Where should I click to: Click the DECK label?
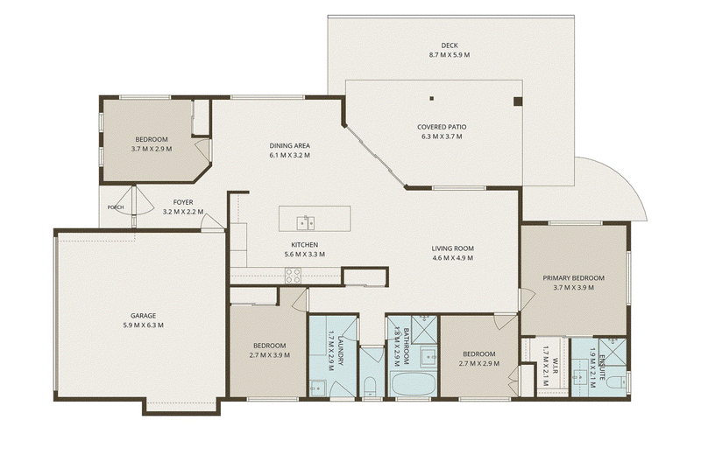pyautogui.click(x=450, y=45)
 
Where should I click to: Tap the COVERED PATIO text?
pyautogui.click(x=442, y=127)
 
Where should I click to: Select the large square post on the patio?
pyautogui.click(x=518, y=101)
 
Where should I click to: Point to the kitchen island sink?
pyautogui.click(x=306, y=222)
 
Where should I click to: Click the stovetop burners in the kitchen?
pyautogui.click(x=294, y=276)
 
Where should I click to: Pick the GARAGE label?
pyautogui.click(x=143, y=316)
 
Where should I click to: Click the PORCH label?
pyautogui.click(x=116, y=207)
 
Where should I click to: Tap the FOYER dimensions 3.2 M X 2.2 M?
pyautogui.click(x=183, y=212)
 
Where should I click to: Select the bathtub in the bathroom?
pyautogui.click(x=412, y=384)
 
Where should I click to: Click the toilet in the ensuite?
pyautogui.click(x=618, y=383)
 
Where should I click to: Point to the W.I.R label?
pyautogui.click(x=555, y=366)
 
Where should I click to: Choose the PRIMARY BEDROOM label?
pyautogui.click(x=574, y=277)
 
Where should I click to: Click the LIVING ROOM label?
pyautogui.click(x=453, y=248)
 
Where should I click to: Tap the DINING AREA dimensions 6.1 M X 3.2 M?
pyautogui.click(x=290, y=156)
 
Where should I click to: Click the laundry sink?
pyautogui.click(x=317, y=388)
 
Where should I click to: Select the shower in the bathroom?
pyautogui.click(x=423, y=328)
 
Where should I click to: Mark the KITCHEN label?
pyautogui.click(x=304, y=245)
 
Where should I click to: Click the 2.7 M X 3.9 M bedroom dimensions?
pyautogui.click(x=270, y=355)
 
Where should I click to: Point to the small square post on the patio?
pyautogui.click(x=432, y=99)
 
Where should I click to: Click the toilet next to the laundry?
pyautogui.click(x=370, y=387)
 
